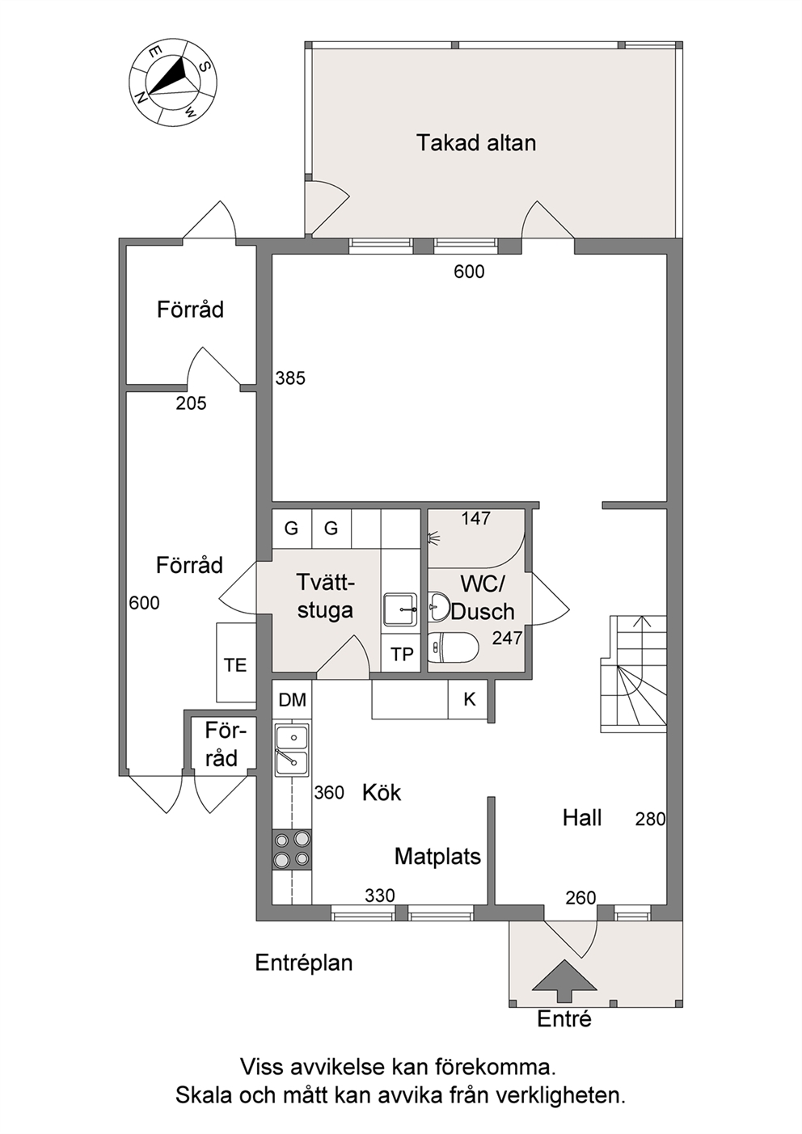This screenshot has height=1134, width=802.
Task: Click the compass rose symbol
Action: click(x=174, y=82)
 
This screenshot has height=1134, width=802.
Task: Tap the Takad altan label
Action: click(x=476, y=143)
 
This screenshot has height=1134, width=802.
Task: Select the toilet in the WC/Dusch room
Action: click(x=453, y=647)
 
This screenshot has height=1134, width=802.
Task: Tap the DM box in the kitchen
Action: click(x=292, y=700)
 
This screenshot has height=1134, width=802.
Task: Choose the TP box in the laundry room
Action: click(x=402, y=654)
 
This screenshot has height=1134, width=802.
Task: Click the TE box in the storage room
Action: click(x=235, y=663)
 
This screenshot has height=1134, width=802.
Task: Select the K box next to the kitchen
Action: click(x=469, y=699)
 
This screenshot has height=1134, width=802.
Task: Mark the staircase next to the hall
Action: click(x=634, y=674)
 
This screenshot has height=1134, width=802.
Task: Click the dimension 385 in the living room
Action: click(x=290, y=378)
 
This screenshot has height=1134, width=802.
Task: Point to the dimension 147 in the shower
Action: click(x=476, y=518)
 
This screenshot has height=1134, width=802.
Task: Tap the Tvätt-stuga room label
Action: click(x=325, y=596)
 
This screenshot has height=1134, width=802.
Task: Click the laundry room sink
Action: click(x=400, y=609)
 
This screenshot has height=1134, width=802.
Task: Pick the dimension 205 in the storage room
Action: click(x=192, y=403)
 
